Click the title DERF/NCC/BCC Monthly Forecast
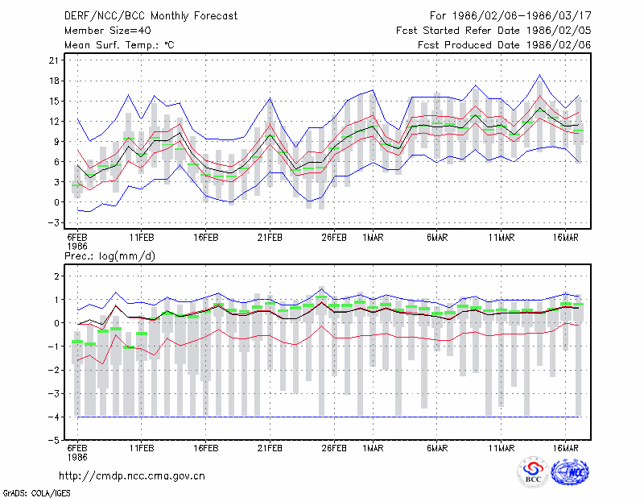point(151,16)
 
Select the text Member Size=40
point(108,31)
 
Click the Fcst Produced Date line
point(505,45)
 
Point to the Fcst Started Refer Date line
point(493,31)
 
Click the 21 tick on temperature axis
point(54,60)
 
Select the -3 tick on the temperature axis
point(54,222)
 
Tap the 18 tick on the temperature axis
point(54,81)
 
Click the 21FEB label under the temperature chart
point(270,238)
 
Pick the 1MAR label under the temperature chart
point(373,238)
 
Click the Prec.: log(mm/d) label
point(109,256)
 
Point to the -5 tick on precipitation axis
point(56,441)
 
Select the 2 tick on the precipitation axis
point(56,276)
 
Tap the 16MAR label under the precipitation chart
point(566,448)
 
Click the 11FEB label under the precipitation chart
point(142,448)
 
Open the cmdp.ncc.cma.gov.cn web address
point(132,476)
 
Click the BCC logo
point(533,472)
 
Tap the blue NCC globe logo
point(570,472)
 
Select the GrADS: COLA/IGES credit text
point(37,493)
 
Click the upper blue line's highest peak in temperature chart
point(539,75)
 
